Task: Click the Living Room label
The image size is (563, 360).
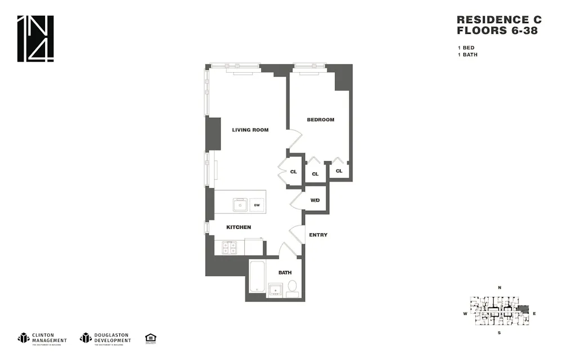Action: coord(250,130)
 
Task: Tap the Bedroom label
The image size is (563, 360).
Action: coord(320,119)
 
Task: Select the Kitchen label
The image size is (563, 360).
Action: coord(238,228)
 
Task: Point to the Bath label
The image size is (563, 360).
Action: coord(285,273)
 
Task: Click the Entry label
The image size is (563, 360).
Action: coord(318,235)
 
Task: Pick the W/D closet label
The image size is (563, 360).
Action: coord(315,201)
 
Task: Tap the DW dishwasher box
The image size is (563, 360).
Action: coord(257,205)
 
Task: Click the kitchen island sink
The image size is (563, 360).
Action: coord(240,205)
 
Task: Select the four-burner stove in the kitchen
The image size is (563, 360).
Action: coord(229,247)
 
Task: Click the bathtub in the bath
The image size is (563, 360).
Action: coord(257,277)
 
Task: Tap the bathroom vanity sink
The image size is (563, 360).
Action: coord(275,290)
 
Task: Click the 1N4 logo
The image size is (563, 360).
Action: coord(35,38)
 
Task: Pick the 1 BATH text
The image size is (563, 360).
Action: coord(467,55)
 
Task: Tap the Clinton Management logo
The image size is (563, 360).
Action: coord(42,338)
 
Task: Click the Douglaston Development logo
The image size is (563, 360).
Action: coord(105,338)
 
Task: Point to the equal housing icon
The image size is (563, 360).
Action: coord(150,338)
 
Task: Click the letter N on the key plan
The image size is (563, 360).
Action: coord(499,288)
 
